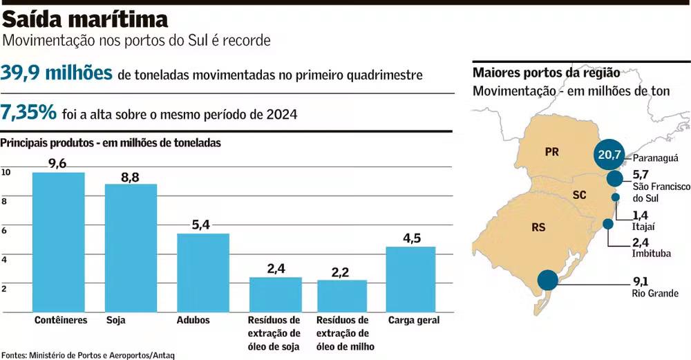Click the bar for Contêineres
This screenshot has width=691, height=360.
[x=59, y=242]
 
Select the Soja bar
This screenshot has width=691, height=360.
[x=131, y=247]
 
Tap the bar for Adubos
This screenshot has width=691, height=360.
[x=203, y=272]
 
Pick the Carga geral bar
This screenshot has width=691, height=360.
[x=410, y=278]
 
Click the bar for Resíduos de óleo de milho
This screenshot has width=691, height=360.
[x=341, y=295]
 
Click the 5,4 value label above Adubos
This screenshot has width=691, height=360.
[x=202, y=225]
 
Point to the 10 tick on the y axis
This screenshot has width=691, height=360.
[x=6, y=173]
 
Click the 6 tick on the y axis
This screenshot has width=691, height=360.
[x=4, y=231]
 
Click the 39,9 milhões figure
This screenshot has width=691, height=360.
[x=57, y=73]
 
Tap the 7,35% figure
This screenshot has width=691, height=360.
[x=28, y=112]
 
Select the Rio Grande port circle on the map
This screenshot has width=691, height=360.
[x=548, y=280]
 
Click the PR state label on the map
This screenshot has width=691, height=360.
[x=551, y=152]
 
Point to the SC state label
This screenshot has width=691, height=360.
[x=579, y=196]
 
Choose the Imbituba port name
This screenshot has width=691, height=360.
[x=651, y=254]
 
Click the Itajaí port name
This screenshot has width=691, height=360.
[x=643, y=226]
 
